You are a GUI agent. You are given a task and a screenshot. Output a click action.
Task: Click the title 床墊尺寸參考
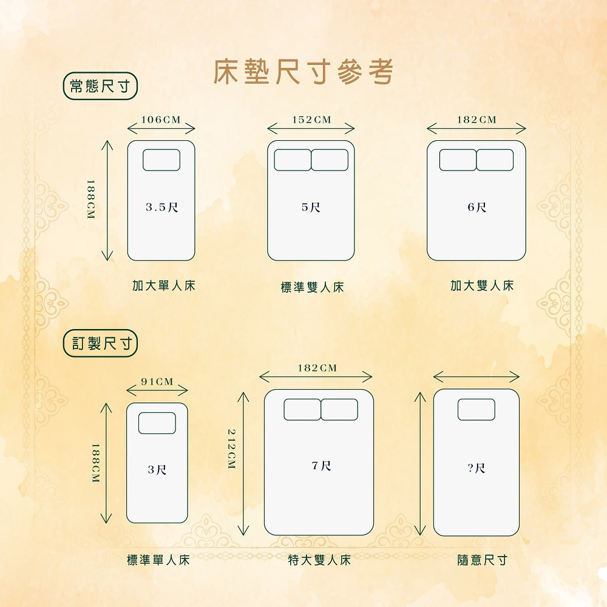[303, 72]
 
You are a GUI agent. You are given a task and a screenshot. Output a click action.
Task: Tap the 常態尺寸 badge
[100, 86]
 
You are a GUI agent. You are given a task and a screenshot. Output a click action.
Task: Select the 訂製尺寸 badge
[100, 343]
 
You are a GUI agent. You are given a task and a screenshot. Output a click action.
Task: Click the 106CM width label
[161, 120]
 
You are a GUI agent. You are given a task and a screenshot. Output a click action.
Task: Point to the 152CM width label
[311, 120]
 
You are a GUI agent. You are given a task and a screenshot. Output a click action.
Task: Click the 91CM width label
[157, 382]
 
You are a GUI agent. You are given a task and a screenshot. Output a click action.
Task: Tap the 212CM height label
[231, 449]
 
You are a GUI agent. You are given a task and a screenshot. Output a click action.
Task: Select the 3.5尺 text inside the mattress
[162, 207]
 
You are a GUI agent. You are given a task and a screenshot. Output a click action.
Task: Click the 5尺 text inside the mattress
[311, 207]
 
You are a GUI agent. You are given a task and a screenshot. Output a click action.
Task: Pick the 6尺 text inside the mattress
[476, 207]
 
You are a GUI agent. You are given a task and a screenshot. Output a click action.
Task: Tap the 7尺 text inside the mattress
[321, 466]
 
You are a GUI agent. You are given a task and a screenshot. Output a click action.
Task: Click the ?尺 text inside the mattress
[476, 468]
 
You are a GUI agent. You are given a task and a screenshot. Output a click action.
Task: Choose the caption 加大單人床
[164, 286]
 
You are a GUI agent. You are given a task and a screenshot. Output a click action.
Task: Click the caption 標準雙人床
[312, 287]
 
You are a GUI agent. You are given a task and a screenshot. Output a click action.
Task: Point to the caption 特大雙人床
[319, 560]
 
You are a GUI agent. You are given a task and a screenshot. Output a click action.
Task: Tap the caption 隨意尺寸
[483, 560]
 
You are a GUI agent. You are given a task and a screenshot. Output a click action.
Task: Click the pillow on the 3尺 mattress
[157, 423]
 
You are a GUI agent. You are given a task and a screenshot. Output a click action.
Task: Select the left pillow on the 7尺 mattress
[302, 410]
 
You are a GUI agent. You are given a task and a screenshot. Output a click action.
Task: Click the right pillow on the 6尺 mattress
[495, 160]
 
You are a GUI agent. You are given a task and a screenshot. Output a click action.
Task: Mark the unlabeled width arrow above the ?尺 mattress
[476, 376]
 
